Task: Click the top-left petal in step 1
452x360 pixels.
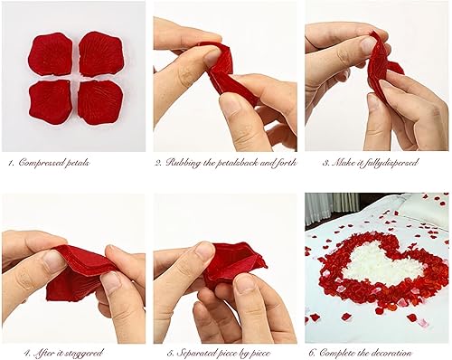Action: (51, 54)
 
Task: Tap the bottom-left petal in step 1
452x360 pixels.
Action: (51, 101)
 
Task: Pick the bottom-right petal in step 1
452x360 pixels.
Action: (99, 102)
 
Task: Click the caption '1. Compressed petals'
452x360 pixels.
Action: (50, 163)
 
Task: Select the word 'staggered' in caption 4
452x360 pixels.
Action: (82, 352)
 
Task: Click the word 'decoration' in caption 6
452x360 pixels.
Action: (390, 352)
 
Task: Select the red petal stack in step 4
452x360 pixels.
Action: (77, 271)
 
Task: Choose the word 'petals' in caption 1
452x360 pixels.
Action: (78, 163)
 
